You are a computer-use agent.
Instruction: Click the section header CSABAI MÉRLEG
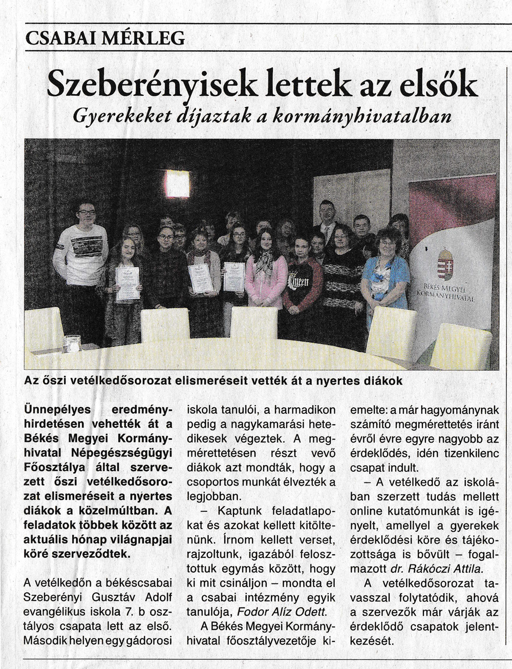point(105,38)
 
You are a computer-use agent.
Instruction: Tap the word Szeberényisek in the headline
point(152,85)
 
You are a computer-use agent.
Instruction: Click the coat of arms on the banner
point(445,264)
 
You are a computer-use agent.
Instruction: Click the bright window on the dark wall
point(177,184)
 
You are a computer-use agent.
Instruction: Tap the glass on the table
point(72,343)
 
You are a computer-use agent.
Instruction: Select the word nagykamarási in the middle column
point(252,424)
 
